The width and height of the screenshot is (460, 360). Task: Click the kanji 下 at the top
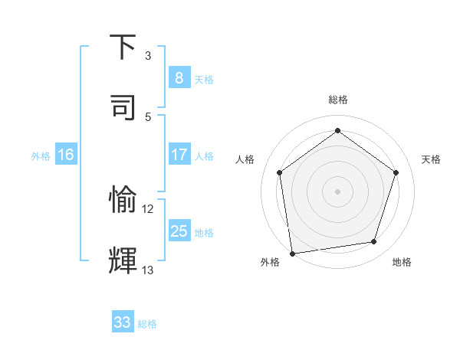(123, 47)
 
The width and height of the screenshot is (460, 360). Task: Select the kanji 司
(123, 106)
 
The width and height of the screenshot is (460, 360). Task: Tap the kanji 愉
(123, 200)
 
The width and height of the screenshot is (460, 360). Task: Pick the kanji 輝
(123, 260)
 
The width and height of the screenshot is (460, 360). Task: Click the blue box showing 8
(179, 77)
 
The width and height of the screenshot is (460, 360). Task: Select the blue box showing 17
(179, 155)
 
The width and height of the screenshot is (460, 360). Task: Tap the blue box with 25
(179, 231)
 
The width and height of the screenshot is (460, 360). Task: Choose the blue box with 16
(66, 155)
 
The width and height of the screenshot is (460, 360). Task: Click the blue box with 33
(123, 322)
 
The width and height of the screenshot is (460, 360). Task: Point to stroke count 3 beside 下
(148, 55)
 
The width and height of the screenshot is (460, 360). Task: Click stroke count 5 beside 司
(148, 116)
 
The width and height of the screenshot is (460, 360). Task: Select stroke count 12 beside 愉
(148, 208)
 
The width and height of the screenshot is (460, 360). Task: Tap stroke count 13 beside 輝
(148, 270)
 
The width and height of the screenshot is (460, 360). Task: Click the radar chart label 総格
(337, 100)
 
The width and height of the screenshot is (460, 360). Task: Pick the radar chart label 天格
(431, 159)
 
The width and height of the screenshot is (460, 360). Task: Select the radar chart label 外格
(270, 262)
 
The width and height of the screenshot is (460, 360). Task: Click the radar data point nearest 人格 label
(279, 172)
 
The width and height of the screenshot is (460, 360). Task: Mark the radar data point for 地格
(374, 242)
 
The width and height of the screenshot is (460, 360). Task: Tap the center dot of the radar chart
(337, 191)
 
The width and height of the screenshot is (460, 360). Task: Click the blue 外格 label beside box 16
(41, 155)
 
